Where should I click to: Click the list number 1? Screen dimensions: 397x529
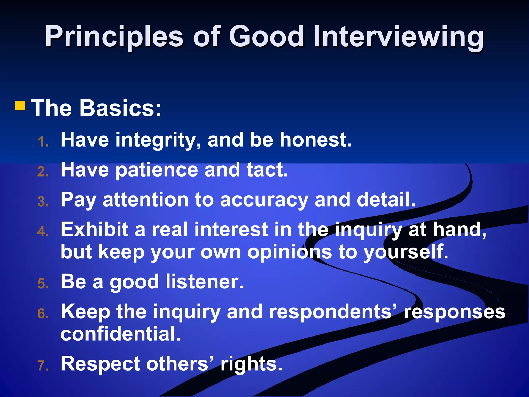coord(42,142)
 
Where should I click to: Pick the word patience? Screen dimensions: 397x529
coord(156,170)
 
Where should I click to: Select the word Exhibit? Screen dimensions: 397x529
coord(95,230)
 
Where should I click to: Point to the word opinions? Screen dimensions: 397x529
coord(290,252)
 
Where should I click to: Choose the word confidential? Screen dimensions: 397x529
coord(120,334)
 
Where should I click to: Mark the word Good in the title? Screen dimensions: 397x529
coord(266,37)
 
